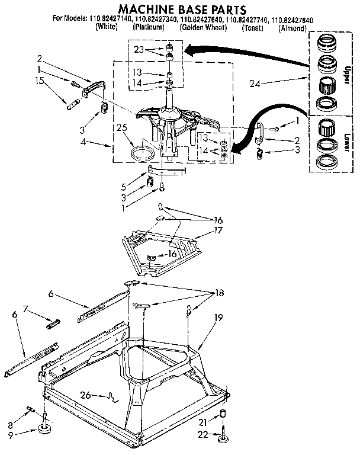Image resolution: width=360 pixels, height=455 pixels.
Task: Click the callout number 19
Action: [218, 318]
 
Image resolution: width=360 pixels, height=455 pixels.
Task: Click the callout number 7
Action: [25, 309]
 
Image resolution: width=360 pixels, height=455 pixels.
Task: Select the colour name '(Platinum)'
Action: [148, 28]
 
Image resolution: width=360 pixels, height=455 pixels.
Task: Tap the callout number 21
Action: [203, 421]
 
